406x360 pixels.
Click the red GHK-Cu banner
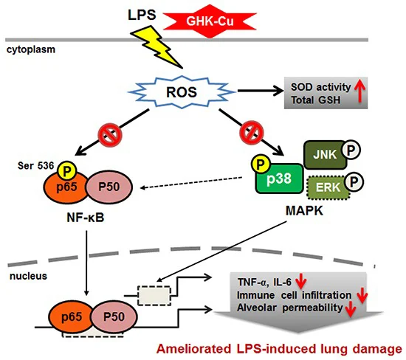tap(210, 21)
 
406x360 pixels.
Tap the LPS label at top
tap(142, 15)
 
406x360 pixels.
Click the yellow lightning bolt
tap(156, 47)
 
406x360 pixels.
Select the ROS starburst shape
tap(182, 92)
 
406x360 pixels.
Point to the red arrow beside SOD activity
tap(359, 92)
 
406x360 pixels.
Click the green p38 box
tap(279, 179)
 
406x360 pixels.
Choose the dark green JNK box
tap(325, 155)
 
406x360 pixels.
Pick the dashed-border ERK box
tap(328, 187)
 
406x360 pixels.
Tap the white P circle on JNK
tap(351, 150)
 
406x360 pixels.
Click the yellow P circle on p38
tap(261, 164)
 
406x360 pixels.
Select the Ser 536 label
tap(35, 166)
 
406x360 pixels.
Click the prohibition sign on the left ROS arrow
tap(110, 134)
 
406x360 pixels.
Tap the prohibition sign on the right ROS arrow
tap(252, 132)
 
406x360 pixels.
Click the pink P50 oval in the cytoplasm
tap(109, 187)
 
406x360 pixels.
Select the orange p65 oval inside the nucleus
tap(72, 316)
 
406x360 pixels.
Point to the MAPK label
tap(304, 211)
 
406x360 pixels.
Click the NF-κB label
tap(86, 218)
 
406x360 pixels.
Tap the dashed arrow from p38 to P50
tap(191, 183)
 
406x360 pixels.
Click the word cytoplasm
tap(31, 49)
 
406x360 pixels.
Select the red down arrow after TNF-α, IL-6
tap(301, 281)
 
